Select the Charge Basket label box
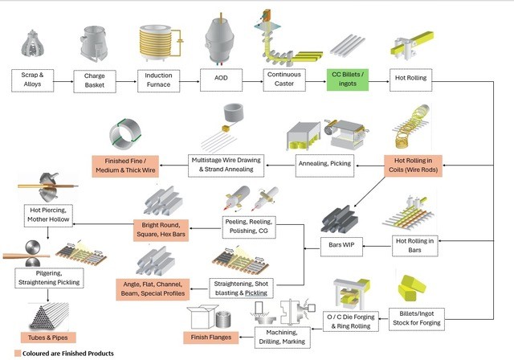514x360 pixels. click(x=95, y=80)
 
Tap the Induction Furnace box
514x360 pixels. click(x=158, y=80)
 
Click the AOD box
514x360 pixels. click(x=221, y=80)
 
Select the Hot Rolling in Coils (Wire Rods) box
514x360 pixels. click(x=414, y=166)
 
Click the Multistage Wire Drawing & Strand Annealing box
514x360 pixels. click(x=225, y=166)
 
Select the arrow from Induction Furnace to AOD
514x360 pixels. click(x=190, y=80)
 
